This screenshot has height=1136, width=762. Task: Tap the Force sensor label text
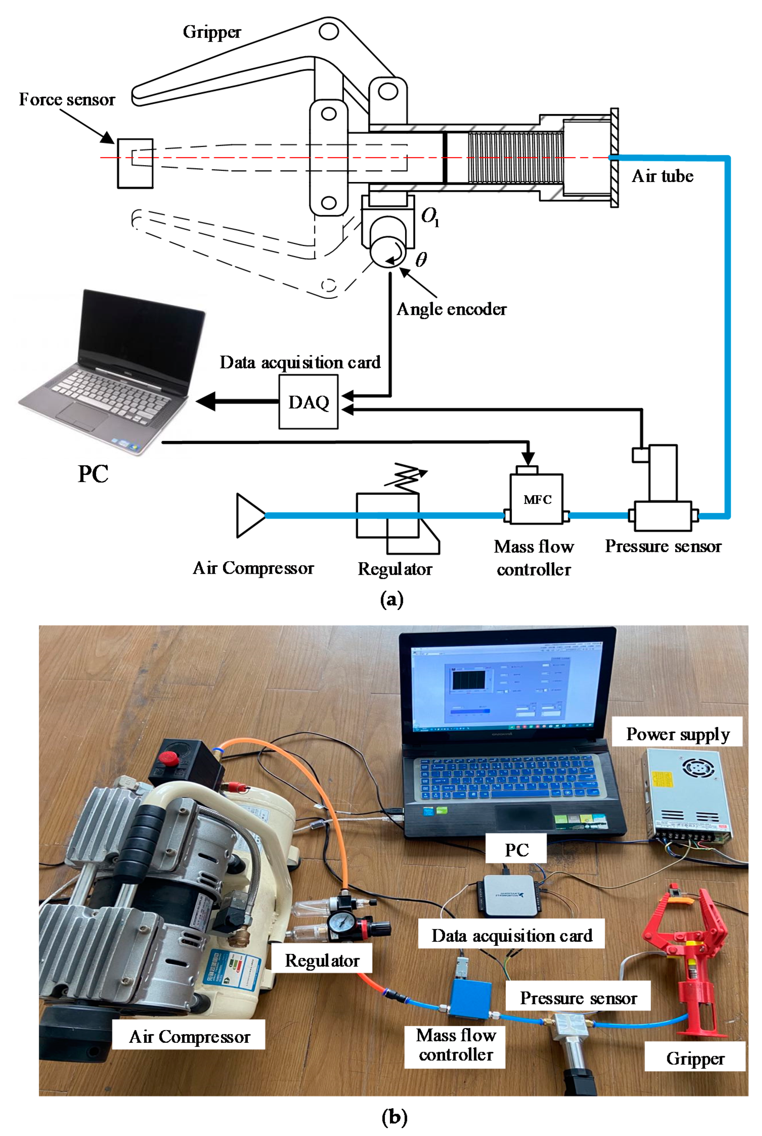pyautogui.click(x=67, y=100)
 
